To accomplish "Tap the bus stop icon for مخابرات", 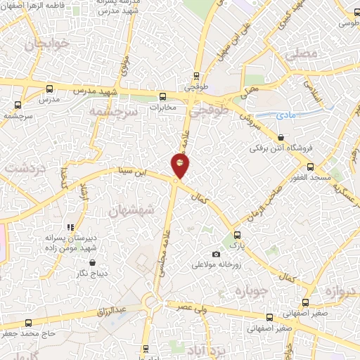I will [x=162, y=96].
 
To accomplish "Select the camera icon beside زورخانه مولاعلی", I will [x=216, y=254].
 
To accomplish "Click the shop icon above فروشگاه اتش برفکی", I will [x=281, y=138].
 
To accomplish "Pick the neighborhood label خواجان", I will [x=47, y=45].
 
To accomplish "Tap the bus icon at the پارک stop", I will [x=236, y=236].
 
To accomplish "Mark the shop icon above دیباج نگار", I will [x=92, y=263].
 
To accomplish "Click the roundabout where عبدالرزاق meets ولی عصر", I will [x=151, y=304].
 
